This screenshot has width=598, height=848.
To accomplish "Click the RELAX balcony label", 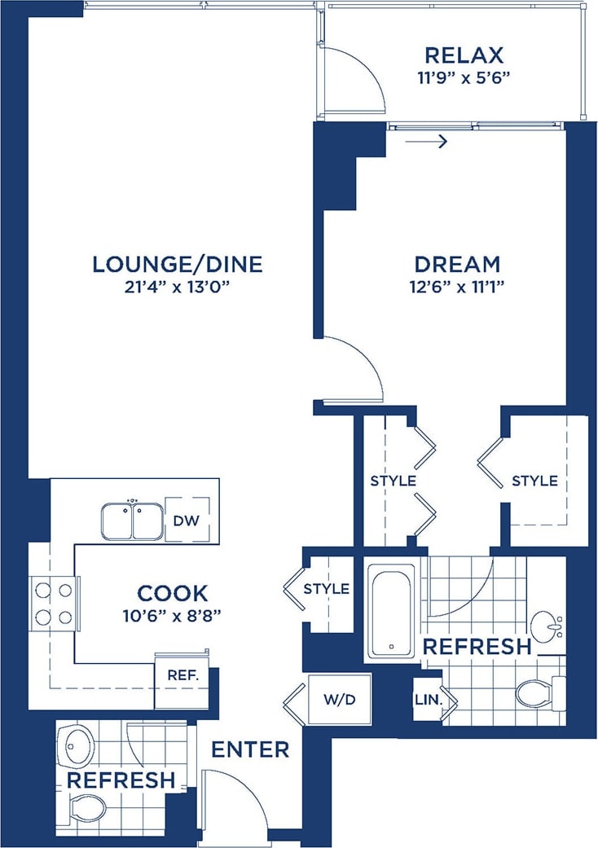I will (x=464, y=55).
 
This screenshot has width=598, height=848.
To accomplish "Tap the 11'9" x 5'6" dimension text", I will (x=464, y=78).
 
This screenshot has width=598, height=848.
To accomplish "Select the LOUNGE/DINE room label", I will (x=177, y=264).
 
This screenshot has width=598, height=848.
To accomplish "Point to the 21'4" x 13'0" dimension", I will (x=177, y=287).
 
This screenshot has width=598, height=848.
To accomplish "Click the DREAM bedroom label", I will (x=456, y=264).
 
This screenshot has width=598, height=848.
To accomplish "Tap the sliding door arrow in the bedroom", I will (x=426, y=143).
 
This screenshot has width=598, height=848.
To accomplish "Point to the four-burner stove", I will (x=53, y=602).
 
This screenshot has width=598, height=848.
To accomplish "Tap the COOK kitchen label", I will (x=172, y=593).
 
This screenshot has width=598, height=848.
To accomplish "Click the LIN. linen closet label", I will (x=427, y=700).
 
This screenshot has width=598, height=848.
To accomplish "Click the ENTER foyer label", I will (x=249, y=749).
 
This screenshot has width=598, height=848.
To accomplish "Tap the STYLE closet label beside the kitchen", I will (x=326, y=588).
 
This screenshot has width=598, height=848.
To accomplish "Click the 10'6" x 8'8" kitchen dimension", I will (x=172, y=616).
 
